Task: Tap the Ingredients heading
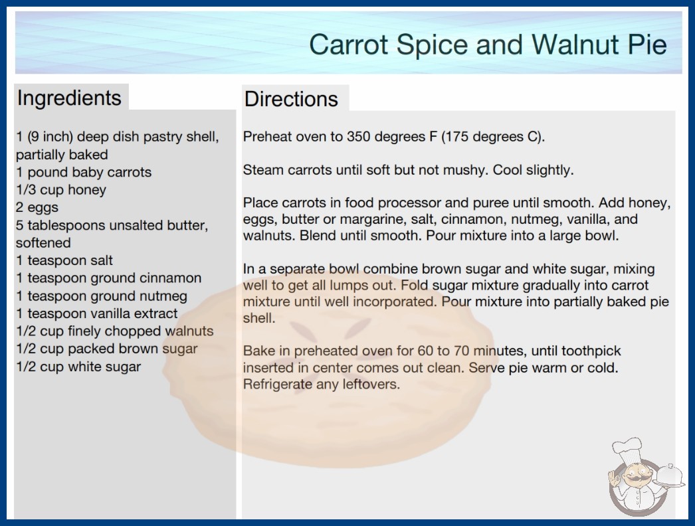tap(69, 98)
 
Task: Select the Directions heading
tap(291, 99)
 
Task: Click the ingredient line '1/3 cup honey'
tap(61, 190)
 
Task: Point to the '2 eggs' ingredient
tap(37, 207)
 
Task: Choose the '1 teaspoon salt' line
tap(64, 260)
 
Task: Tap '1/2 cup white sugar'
tap(78, 367)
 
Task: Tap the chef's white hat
tap(628, 448)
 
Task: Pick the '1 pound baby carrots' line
tap(84, 172)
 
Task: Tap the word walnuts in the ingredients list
tap(189, 331)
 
